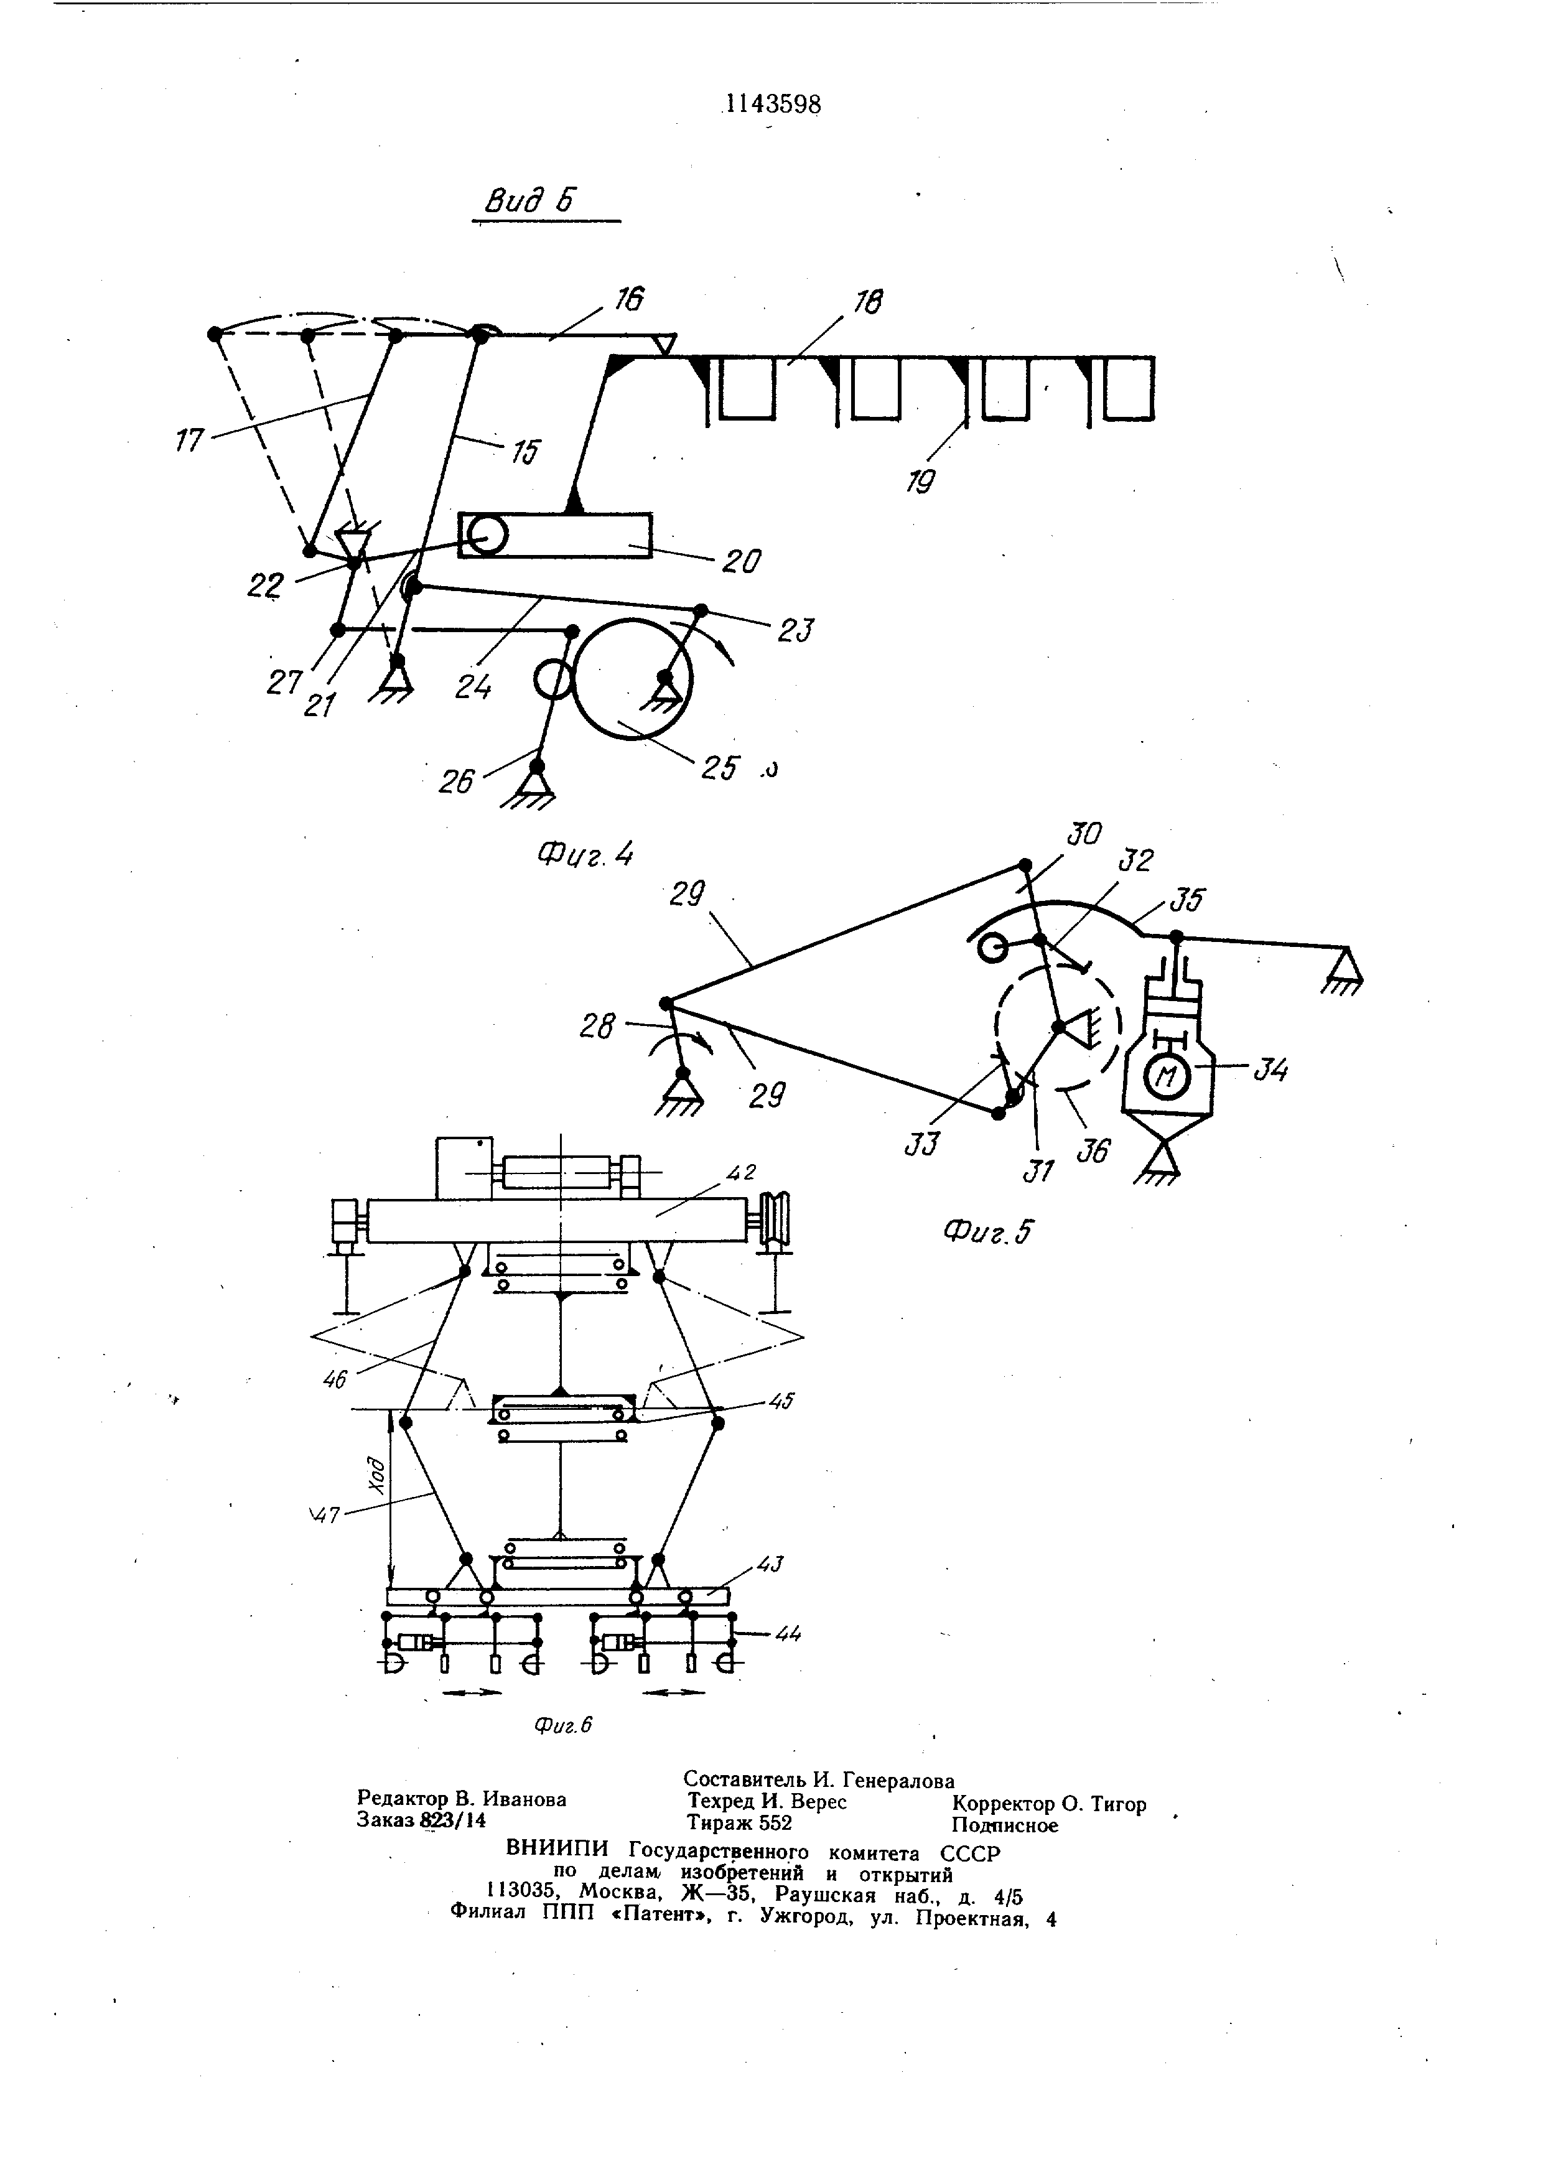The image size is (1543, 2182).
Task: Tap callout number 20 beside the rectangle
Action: pos(740,562)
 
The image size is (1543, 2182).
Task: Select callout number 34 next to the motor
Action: pos(1270,1070)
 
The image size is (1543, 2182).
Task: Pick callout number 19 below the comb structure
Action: pos(920,482)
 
